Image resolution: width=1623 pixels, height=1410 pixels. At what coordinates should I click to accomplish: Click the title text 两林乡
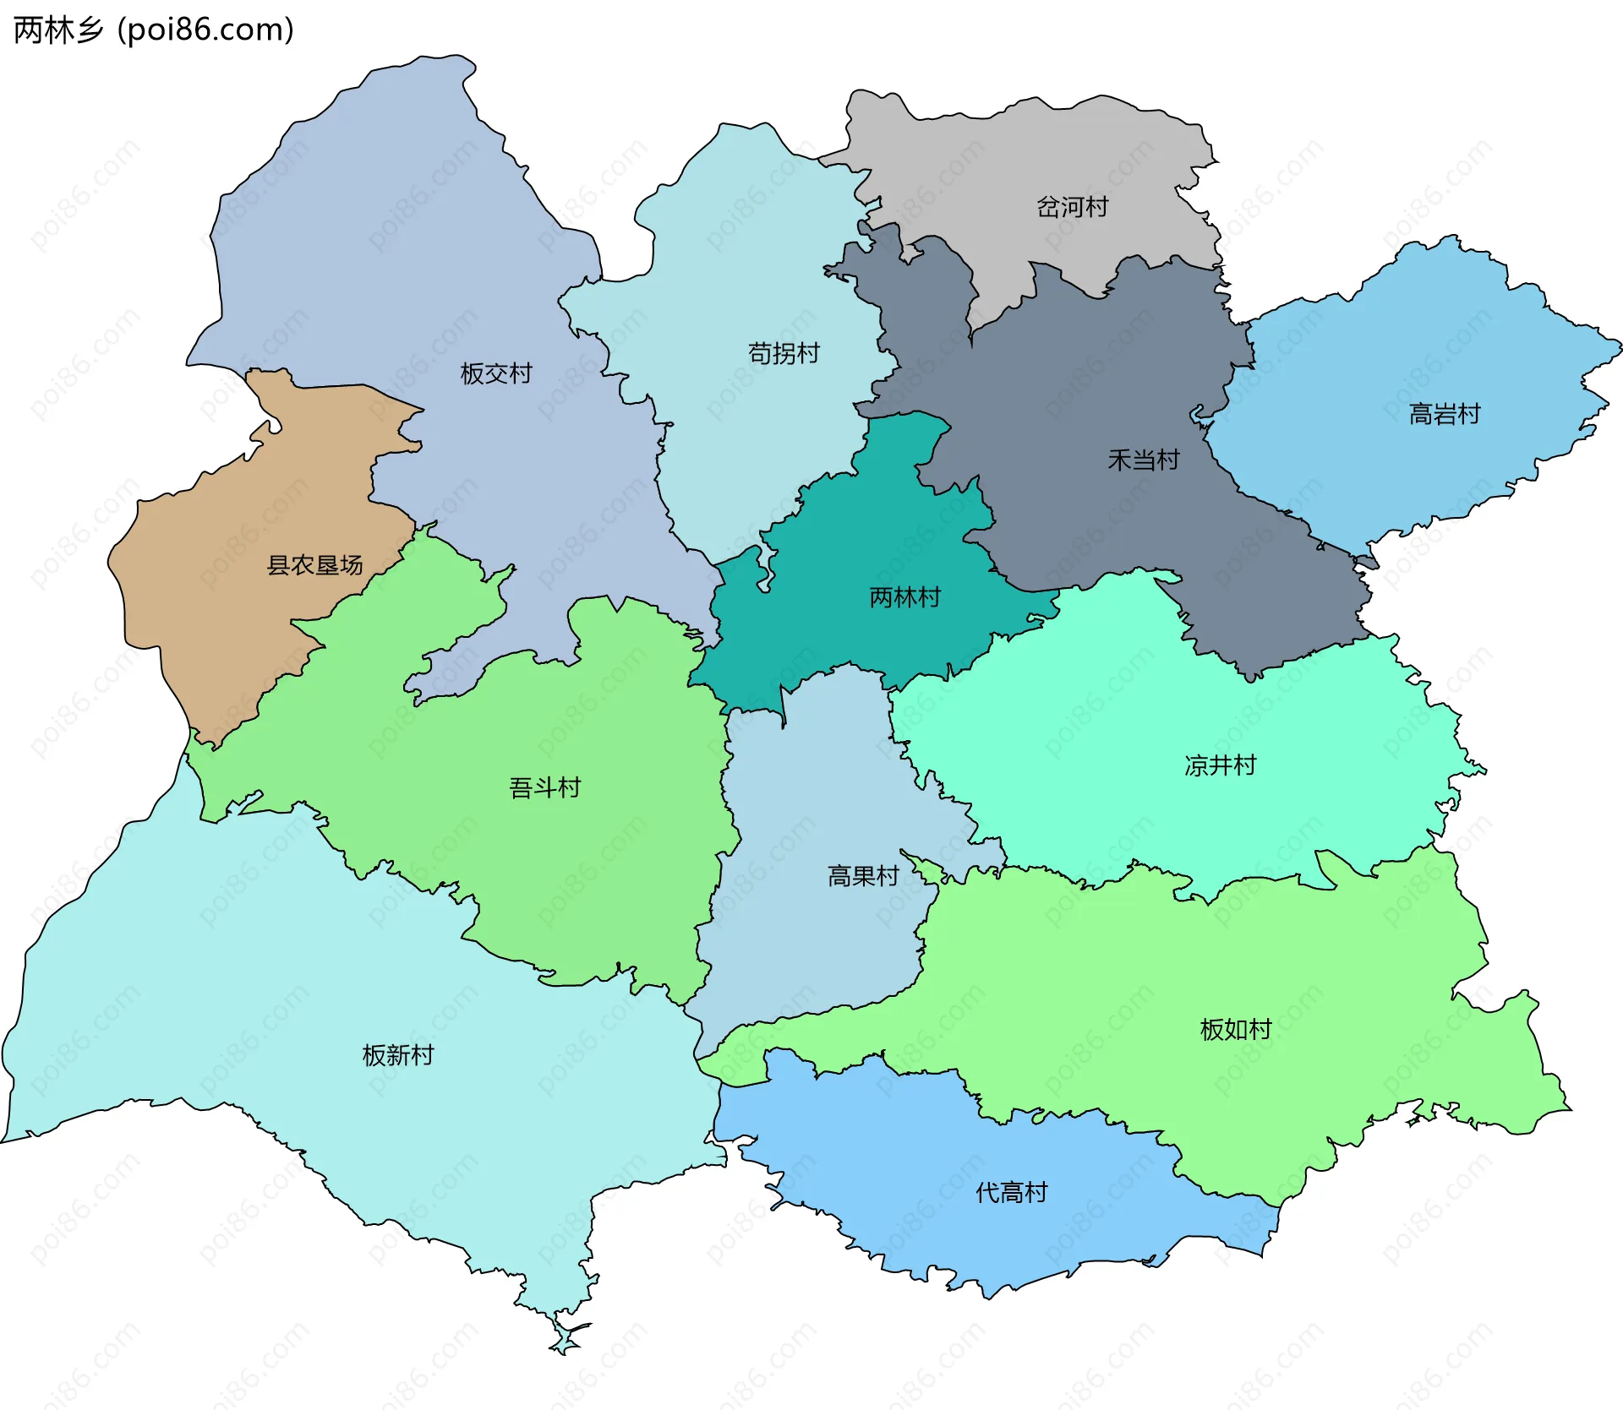pos(57,30)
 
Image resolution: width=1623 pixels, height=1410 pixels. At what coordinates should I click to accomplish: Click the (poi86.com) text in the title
pos(205,30)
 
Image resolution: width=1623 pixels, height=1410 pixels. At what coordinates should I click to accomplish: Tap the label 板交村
pos(495,373)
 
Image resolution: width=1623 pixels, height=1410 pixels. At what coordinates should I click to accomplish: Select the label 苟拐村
pos(784,353)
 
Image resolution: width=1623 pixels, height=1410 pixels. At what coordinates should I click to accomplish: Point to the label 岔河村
pos(1072,207)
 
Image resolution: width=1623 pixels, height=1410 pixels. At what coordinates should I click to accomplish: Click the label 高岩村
pos(1445,414)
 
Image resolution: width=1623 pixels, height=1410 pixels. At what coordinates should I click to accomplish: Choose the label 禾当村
pos(1143,460)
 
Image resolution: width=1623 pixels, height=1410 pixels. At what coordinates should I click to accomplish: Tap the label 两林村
pos(904,598)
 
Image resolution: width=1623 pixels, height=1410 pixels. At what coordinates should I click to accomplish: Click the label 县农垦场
pos(314,565)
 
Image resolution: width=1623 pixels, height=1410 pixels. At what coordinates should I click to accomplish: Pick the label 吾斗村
pos(544,788)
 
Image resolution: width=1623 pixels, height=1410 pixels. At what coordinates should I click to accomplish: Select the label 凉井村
pos(1220,765)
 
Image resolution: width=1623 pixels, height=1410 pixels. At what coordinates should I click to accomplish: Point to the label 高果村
pos(862,876)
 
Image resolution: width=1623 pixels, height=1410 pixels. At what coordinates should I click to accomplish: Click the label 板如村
pos(1235,1030)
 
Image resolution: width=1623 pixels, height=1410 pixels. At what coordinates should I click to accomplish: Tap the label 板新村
pos(397,1055)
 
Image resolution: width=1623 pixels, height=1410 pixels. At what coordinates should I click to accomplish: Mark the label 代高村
pos(1011,1193)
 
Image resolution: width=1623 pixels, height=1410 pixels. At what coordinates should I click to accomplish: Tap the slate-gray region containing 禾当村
pos(1099,389)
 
